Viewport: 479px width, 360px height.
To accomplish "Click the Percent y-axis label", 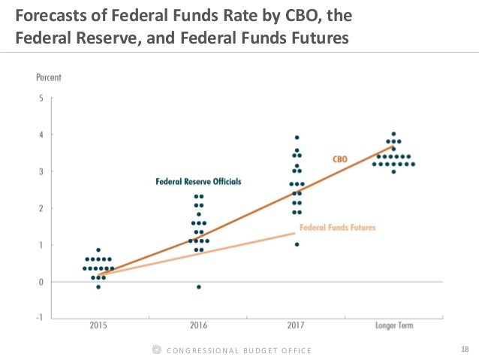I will [49, 77].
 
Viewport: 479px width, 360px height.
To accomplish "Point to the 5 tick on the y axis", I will [40, 98].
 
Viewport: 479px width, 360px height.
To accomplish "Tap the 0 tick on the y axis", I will [40, 282].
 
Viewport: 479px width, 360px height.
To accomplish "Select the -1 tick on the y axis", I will [38, 319].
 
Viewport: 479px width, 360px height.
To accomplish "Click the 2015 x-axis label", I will [98, 325].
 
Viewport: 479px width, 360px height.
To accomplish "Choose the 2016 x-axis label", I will [198, 325].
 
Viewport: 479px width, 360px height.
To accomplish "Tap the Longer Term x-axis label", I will [393, 325].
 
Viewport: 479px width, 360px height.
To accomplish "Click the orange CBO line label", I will [339, 159].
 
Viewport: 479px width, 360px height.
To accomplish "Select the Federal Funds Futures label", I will [337, 227].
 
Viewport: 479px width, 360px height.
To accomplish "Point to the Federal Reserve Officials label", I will [198, 181].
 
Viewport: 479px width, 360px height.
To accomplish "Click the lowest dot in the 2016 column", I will [199, 287].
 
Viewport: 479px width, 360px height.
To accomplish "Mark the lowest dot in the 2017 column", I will [297, 244].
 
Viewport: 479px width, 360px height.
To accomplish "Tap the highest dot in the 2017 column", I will [297, 138].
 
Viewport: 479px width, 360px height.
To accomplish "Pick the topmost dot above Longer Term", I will [393, 134].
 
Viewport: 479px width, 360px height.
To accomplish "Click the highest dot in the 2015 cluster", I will [98, 250].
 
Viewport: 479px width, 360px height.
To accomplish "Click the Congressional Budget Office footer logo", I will [157, 350].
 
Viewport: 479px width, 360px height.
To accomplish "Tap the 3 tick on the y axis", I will [40, 171].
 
